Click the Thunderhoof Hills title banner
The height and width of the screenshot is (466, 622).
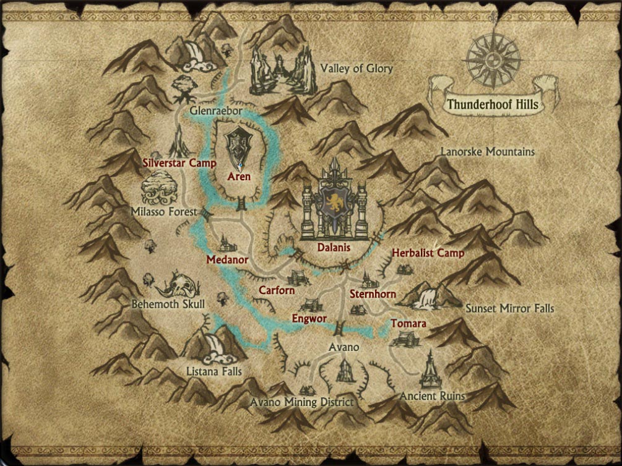click(x=493, y=103)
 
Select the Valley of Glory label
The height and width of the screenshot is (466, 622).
click(x=356, y=69)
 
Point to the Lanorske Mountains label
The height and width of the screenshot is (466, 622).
click(x=487, y=152)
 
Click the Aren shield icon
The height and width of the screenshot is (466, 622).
click(x=238, y=147)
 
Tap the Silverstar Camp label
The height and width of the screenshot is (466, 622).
click(x=179, y=163)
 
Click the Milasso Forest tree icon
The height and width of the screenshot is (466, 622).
click(x=158, y=189)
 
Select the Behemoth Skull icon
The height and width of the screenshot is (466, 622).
click(x=178, y=286)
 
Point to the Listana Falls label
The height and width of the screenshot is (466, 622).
click(x=214, y=371)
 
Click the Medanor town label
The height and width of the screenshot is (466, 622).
click(x=227, y=260)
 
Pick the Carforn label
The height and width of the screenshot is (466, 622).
click(x=276, y=290)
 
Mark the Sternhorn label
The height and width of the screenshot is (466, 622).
click(x=373, y=294)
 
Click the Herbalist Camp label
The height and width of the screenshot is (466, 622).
click(x=428, y=253)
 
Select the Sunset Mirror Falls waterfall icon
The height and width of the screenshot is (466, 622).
click(x=426, y=297)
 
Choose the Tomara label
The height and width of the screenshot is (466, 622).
click(x=408, y=324)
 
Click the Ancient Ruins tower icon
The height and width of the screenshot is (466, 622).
click(x=429, y=371)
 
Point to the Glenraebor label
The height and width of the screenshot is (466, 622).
click(x=215, y=111)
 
